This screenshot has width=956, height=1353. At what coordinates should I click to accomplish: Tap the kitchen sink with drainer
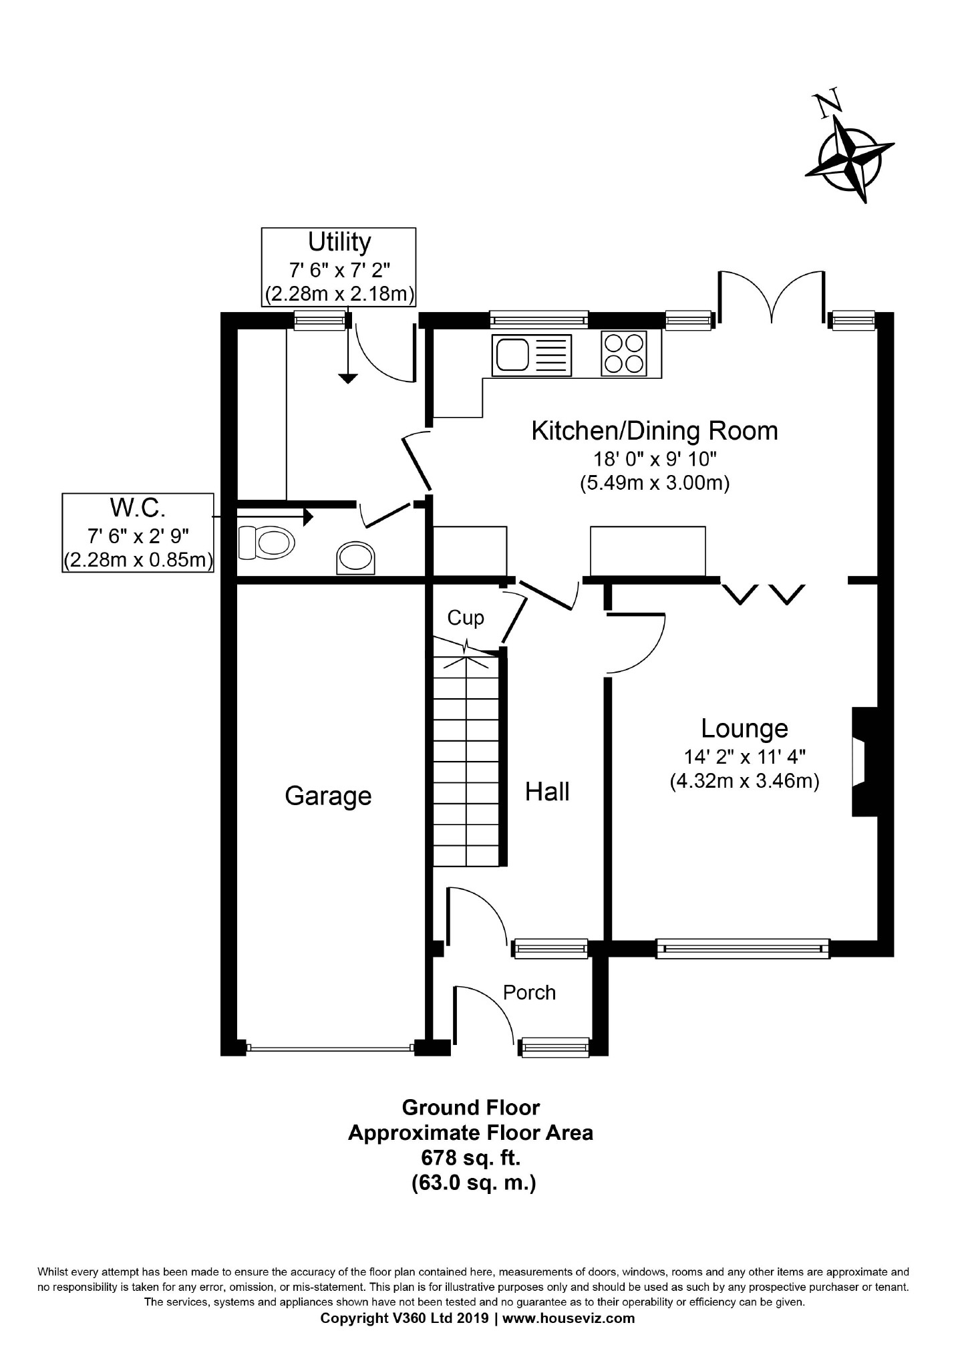[532, 355]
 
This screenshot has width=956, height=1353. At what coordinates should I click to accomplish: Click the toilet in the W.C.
[266, 542]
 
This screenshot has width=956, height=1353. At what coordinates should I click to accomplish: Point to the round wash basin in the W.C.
[355, 557]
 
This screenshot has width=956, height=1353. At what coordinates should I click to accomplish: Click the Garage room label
[328, 796]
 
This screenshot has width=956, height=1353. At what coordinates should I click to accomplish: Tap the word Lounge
[744, 728]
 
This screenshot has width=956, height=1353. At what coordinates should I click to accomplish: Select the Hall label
[547, 791]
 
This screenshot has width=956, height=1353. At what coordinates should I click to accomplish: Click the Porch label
[529, 992]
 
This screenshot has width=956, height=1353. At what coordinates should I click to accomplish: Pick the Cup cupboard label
[466, 618]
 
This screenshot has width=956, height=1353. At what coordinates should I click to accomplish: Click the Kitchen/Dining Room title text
[655, 431]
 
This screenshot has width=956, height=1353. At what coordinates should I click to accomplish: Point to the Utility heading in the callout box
[339, 242]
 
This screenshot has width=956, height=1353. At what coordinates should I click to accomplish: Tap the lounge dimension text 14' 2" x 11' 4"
[744, 757]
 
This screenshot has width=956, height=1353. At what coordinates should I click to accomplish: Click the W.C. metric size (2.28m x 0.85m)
[138, 560]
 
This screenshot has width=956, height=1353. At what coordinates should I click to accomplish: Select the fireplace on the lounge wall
[864, 762]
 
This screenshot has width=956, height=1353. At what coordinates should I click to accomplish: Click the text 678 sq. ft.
[470, 1158]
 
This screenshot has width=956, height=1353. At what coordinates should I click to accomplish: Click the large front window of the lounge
[742, 949]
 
